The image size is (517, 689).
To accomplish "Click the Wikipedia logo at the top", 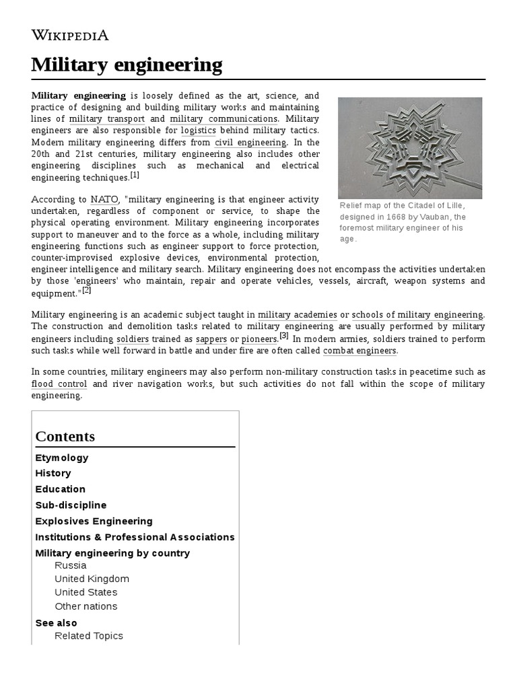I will [70, 35].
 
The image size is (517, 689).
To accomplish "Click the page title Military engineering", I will [127, 65].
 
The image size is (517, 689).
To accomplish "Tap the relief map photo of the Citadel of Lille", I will [409, 147].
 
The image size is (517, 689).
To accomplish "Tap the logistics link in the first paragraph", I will [199, 131].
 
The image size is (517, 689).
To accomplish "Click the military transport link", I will [107, 119].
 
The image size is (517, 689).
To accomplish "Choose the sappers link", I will [211, 338].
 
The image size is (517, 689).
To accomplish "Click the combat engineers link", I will [360, 351].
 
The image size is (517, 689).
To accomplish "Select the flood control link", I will [59, 384].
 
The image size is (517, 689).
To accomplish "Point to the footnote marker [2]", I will [87, 291].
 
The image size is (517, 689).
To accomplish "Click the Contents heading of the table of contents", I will [65, 436].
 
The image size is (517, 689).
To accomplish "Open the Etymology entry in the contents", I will [62, 458].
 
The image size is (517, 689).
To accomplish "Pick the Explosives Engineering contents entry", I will [94, 521].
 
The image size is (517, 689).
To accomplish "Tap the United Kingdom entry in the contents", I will [92, 579].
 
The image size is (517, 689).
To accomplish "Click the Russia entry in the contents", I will [70, 565].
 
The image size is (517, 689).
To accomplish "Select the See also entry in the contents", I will [56, 623].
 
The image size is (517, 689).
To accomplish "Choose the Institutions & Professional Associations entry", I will [135, 537].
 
